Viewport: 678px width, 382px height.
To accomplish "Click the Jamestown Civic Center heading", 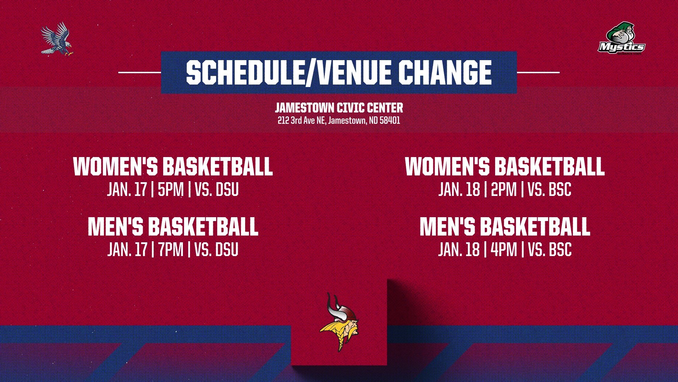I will [x=339, y=108].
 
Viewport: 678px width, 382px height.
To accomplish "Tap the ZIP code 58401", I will [x=390, y=121].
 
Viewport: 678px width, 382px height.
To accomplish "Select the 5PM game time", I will [x=171, y=190].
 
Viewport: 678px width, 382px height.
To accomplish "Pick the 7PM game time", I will [x=171, y=250].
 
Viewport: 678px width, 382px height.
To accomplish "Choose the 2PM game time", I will [x=504, y=190].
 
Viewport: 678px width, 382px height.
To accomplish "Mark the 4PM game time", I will [x=504, y=250].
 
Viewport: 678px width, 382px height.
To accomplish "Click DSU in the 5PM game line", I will [x=227, y=190].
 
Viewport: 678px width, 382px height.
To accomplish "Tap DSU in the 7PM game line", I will [x=227, y=250].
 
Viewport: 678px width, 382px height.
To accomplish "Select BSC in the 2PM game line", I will [x=560, y=190].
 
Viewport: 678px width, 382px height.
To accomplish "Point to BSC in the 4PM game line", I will [x=560, y=250].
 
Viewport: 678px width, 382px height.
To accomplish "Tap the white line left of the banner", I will [x=139, y=73].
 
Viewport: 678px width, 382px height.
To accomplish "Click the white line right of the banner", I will [x=538, y=73].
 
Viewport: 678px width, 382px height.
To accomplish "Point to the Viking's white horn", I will [x=332, y=306].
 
